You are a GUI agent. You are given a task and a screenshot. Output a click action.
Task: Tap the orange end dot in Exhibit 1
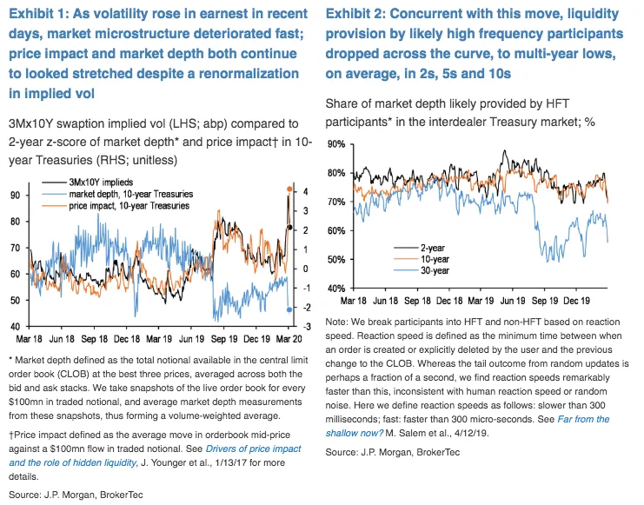click(289, 189)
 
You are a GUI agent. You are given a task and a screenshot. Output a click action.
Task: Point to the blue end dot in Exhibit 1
click(289, 309)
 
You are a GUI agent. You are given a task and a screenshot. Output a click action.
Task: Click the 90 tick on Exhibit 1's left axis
click(13, 196)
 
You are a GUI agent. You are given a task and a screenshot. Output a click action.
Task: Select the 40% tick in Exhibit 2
click(336, 289)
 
